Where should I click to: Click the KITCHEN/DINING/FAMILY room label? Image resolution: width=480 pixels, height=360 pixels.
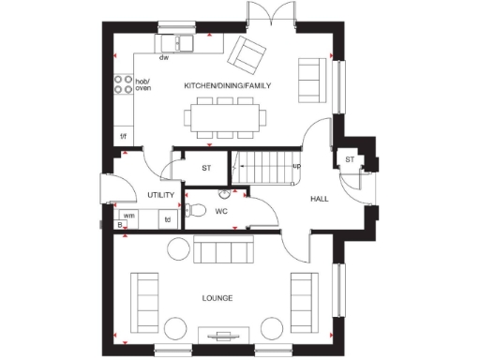click(227, 85)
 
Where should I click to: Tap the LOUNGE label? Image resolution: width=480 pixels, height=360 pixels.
click(217, 298)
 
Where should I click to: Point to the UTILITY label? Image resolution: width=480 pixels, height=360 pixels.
click(161, 195)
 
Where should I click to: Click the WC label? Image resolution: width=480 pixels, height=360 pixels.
click(221, 211)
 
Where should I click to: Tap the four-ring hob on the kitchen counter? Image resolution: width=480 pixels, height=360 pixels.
click(122, 85)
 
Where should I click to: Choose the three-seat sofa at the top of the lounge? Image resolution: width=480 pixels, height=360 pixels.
click(217, 251)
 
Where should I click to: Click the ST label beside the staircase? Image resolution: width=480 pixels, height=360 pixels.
click(207, 168)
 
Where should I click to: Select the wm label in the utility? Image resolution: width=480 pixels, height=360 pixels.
click(129, 215)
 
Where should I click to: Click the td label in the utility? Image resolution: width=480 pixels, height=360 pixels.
click(168, 220)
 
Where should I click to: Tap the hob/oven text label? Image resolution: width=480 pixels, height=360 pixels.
click(143, 85)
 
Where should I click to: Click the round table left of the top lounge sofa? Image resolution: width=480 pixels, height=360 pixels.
click(177, 248)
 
